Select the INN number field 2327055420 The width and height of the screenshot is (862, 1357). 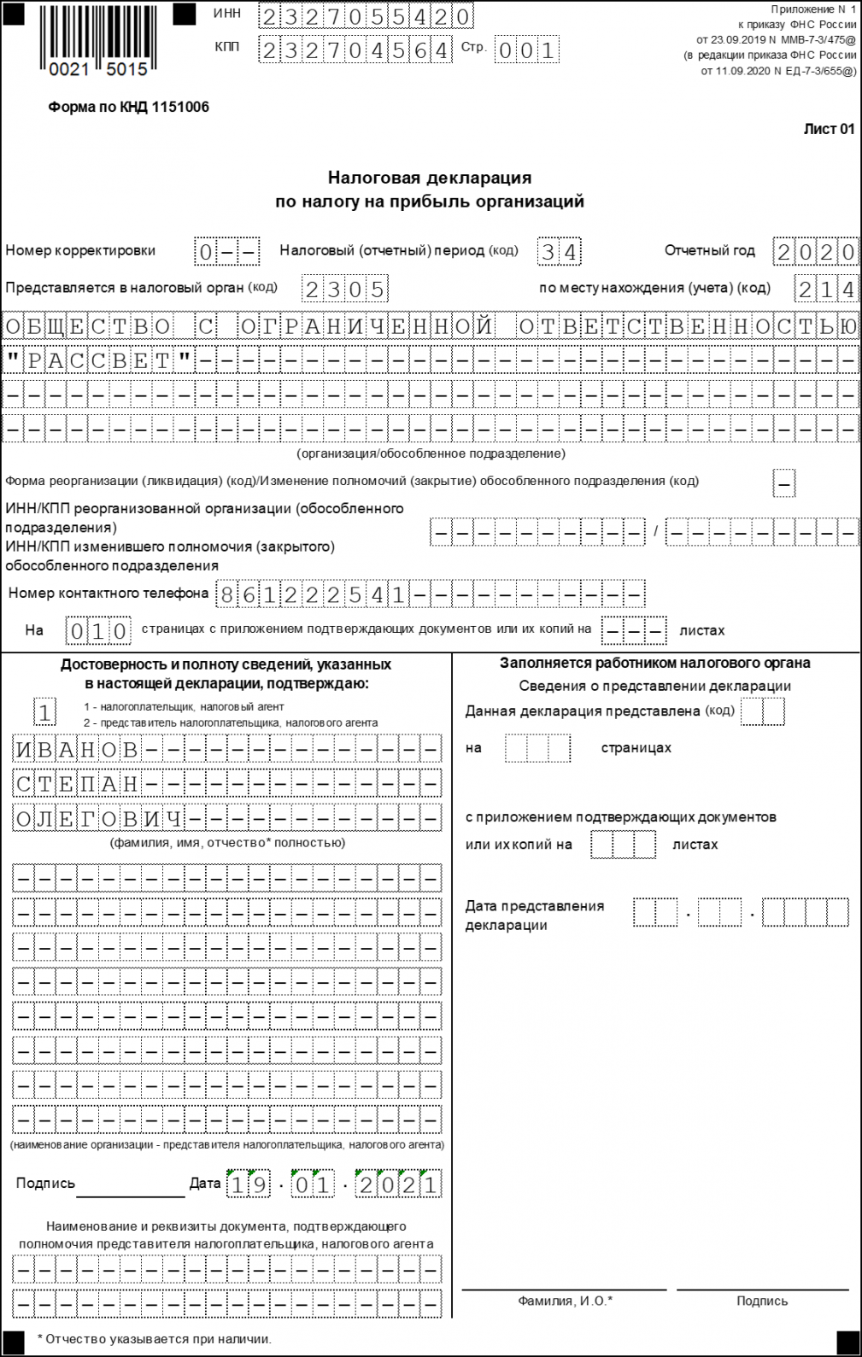coord(366,16)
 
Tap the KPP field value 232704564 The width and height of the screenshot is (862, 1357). coord(355,50)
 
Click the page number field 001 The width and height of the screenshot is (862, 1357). coord(527,50)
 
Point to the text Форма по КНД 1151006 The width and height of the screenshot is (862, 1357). coord(128,108)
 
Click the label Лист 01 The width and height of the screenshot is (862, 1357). coord(829,129)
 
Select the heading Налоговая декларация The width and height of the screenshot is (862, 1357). coord(430,178)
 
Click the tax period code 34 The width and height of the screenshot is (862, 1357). coord(560,252)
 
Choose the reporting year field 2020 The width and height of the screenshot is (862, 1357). coord(816,252)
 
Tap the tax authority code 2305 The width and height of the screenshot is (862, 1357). coord(345,290)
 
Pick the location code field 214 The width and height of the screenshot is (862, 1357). coord(826,290)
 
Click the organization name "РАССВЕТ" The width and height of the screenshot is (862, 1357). coord(99,360)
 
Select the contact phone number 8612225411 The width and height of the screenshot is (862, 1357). coord(313,594)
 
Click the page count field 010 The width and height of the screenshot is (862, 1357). coord(99,631)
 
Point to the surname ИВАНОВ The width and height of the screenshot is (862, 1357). coord(77,750)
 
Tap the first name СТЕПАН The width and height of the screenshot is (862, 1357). coord(77,784)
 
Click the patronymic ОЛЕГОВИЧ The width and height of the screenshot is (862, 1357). coord(99,818)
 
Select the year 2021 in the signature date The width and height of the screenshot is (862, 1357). coord(399,1184)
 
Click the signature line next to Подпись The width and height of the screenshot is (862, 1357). coord(130,1188)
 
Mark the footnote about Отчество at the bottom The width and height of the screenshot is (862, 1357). coord(154,1339)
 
